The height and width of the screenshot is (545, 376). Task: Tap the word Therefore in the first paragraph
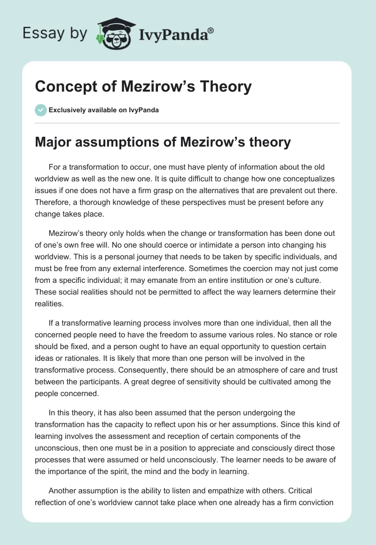(54, 202)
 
